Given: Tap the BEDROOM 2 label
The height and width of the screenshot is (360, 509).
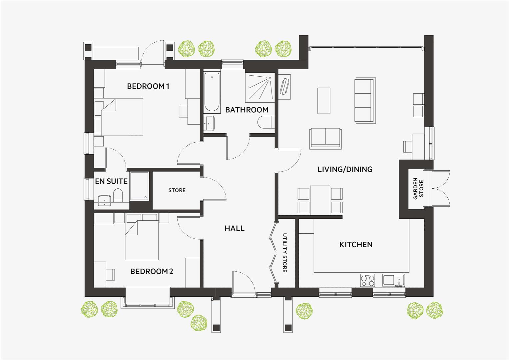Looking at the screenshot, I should click(x=152, y=271).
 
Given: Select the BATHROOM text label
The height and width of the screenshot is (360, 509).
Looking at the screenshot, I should click(x=247, y=110).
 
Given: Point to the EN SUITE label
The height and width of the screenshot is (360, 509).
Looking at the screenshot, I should click(x=111, y=181).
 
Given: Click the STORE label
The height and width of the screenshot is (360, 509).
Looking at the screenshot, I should click(x=177, y=190).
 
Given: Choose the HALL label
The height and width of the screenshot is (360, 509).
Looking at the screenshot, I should click(x=234, y=228).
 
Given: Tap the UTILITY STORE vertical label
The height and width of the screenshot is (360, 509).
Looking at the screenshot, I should click(x=285, y=253).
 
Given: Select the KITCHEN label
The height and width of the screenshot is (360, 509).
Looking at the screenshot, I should click(x=356, y=245).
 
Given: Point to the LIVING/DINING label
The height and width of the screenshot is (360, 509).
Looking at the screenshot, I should click(x=345, y=169).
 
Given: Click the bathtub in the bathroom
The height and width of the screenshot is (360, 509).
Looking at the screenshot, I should click(x=212, y=93).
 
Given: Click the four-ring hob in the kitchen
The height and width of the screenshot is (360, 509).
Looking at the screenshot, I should click(x=367, y=280).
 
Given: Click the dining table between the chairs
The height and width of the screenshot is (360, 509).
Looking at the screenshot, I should click(x=320, y=200).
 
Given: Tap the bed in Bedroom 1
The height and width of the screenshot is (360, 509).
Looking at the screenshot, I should click(x=122, y=117).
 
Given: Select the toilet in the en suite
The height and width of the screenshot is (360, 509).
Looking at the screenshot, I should click(x=118, y=195).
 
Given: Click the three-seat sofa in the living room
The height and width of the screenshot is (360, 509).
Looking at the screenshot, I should click(x=365, y=100).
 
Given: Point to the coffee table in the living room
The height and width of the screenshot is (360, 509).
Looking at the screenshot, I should click(x=324, y=101).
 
